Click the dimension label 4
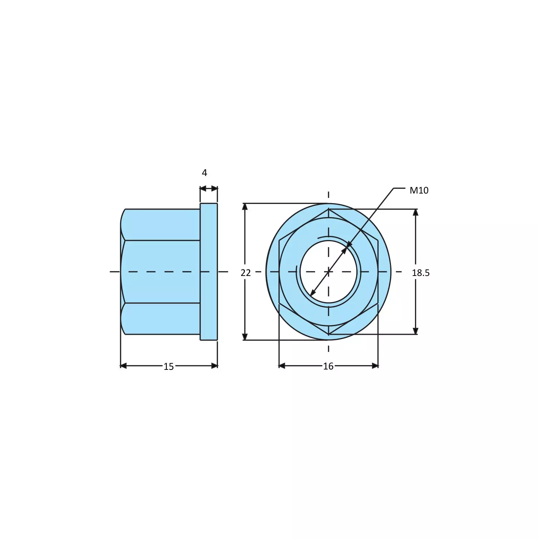204,173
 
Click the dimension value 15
168,366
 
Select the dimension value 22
245,273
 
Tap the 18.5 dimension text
420,273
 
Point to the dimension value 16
328,366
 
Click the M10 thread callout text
419,190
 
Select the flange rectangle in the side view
209,271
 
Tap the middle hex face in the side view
161,271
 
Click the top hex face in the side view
161,224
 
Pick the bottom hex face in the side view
161,319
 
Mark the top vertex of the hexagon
328,209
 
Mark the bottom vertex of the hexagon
328,334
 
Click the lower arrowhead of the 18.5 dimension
416,331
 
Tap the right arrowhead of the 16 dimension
375,366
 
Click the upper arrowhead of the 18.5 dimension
416,213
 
